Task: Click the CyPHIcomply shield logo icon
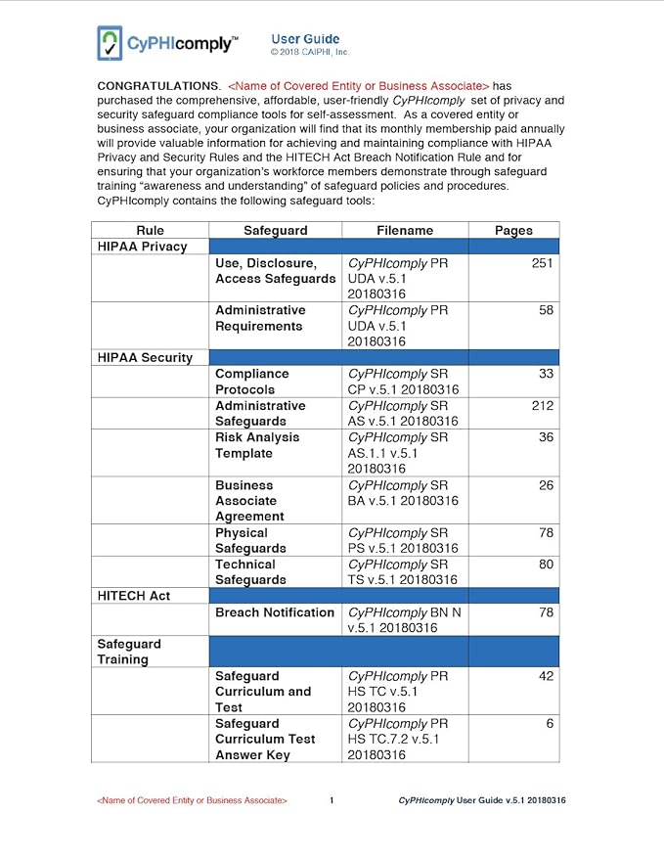click(110, 43)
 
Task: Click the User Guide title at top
click(305, 38)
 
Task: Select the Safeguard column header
click(275, 230)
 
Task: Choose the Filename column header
click(404, 230)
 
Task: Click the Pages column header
click(513, 230)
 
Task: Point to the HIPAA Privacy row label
click(142, 247)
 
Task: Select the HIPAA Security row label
click(145, 357)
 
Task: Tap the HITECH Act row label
click(134, 596)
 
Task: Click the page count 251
click(543, 263)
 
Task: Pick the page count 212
click(543, 405)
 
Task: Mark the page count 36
click(547, 437)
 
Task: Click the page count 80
click(547, 565)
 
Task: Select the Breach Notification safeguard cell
click(275, 612)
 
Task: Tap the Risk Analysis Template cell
click(257, 445)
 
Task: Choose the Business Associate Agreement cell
click(250, 500)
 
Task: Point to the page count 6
click(551, 723)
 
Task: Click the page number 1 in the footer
click(332, 800)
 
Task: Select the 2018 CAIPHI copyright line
click(309, 52)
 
